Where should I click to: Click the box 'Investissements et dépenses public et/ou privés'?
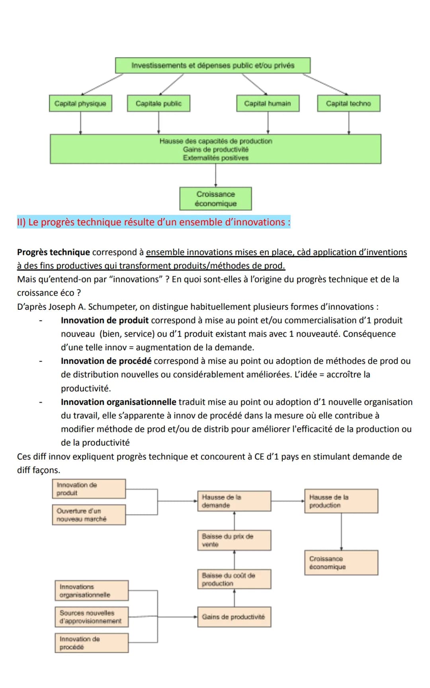pos(213,65)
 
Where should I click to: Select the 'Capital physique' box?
pos(80,104)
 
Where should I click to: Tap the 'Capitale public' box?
pos(158,104)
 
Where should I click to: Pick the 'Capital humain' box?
pos(268,104)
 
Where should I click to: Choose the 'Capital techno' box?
pos(348,104)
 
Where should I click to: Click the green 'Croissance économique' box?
pos(215,199)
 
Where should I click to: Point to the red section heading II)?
pos(153,222)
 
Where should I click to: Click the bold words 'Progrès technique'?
pos(53,252)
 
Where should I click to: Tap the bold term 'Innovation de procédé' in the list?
pos(106,361)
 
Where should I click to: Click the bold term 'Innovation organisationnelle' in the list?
pos(118,402)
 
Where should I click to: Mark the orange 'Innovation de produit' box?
pos(89,489)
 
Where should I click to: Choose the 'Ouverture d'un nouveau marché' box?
pos(89,515)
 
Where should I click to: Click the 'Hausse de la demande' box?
pos(234,501)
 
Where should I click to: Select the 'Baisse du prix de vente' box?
pos(234,540)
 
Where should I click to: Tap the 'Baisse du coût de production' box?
pos(234,579)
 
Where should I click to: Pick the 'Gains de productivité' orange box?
pos(234,617)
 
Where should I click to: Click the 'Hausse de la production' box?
pos(341,501)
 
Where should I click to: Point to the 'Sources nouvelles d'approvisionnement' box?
pos(92,617)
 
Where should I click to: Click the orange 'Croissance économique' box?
pos(341,563)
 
